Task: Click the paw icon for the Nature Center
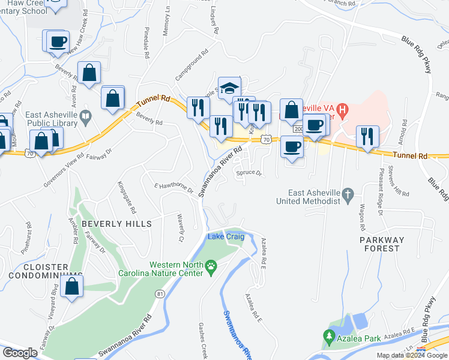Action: click(211, 265)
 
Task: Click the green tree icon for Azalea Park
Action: click(328, 338)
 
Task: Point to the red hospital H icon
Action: click(343, 110)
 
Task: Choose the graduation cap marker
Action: click(229, 88)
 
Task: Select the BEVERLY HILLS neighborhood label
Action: click(116, 223)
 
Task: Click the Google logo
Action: click(20, 353)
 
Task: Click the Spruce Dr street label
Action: click(249, 173)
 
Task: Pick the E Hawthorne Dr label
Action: click(174, 188)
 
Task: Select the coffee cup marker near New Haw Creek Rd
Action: click(58, 41)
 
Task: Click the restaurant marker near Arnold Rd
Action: click(366, 136)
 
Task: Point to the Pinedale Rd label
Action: click(146, 43)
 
